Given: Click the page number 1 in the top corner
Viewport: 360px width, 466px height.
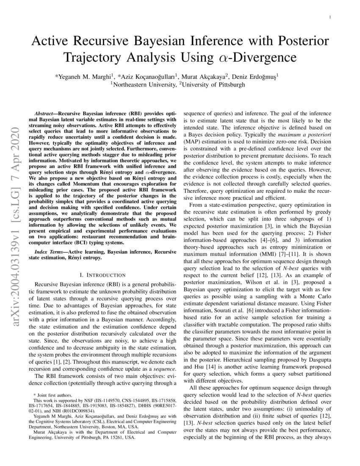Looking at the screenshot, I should pyautogui.click(x=330, y=17).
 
